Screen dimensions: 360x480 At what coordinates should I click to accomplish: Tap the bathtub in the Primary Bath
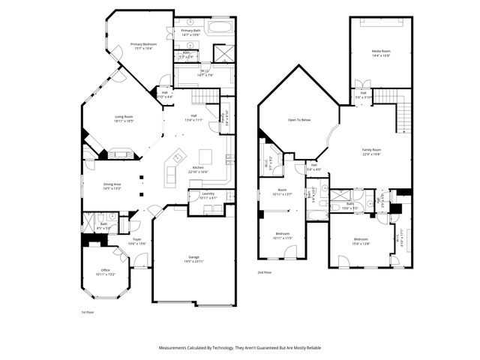220,28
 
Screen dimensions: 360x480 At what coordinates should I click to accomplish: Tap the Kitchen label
199,168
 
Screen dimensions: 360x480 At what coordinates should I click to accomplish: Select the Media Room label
381,52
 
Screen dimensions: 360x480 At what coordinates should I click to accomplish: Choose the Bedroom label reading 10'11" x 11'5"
283,235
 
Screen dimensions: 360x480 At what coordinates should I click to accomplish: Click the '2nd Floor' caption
265,272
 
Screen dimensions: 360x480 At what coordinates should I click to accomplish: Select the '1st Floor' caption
88,311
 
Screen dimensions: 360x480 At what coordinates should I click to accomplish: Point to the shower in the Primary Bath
224,54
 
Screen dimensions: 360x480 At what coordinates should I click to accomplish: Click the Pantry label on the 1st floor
222,117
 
